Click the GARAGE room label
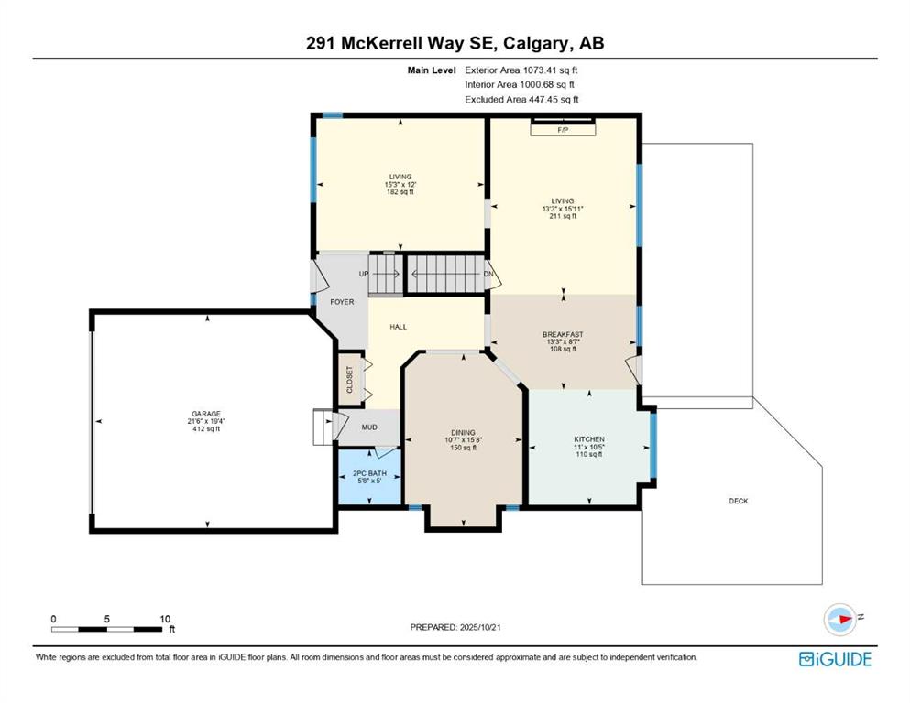pos(207,414)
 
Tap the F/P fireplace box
pos(563,130)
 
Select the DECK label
pos(739,501)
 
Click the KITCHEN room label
pos(589,439)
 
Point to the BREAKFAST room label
pos(563,334)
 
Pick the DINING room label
pos(463,432)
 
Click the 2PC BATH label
pos(369,473)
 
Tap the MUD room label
pos(369,427)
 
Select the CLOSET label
pos(349,380)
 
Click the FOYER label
pos(342,302)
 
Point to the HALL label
pos(398,327)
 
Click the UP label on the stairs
pos(363,274)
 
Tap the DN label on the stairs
pos(488,274)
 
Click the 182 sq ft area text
pos(400,192)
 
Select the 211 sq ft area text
pos(563,216)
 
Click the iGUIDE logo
pos(835,659)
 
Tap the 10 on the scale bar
pos(165,619)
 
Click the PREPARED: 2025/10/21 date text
pos(455,627)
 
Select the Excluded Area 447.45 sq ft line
pos(521,100)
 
